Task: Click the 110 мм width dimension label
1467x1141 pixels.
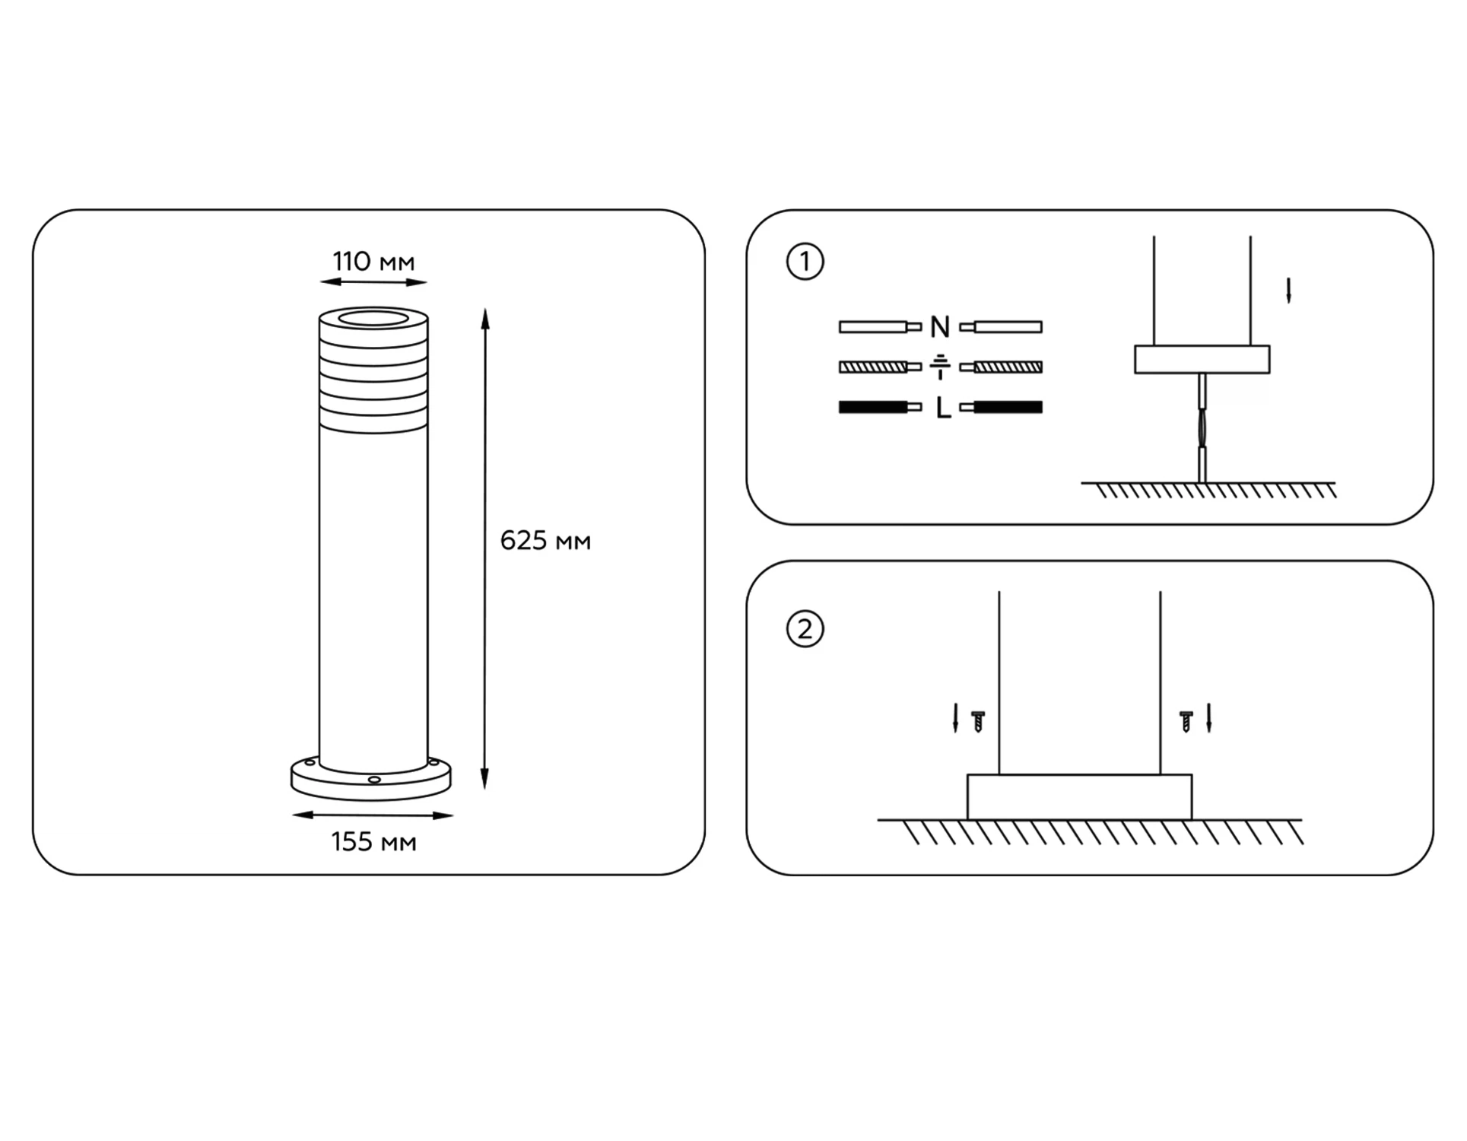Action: [373, 262]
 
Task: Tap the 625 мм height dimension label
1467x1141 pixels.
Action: [545, 541]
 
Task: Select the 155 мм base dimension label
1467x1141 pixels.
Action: [373, 842]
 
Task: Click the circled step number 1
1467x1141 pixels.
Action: [805, 262]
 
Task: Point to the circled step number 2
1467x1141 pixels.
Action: [805, 629]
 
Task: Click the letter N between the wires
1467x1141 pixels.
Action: [940, 327]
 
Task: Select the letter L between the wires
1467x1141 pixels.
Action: [943, 408]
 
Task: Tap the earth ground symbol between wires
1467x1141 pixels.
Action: [940, 367]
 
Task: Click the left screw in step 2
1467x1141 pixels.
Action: [979, 721]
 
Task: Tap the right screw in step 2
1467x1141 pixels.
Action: [1186, 721]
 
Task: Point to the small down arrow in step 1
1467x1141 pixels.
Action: [1288, 291]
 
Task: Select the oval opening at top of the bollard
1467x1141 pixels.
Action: [373, 317]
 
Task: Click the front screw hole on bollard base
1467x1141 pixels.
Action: [374, 780]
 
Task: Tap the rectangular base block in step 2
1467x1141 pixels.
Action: [1079, 797]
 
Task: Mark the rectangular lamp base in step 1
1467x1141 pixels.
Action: [1202, 360]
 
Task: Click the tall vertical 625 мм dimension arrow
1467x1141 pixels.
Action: [485, 549]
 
